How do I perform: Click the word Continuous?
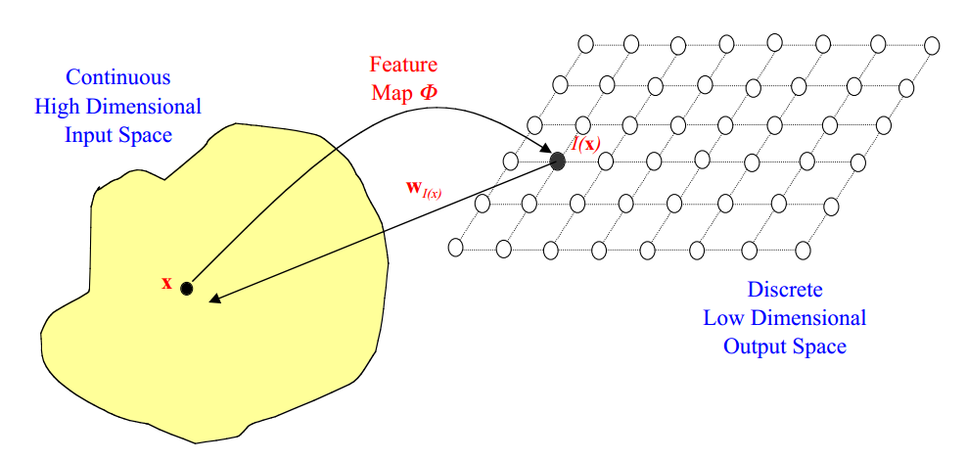[x=117, y=77]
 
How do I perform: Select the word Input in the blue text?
[x=89, y=134]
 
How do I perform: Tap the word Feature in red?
[x=403, y=66]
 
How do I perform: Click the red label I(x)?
[x=585, y=146]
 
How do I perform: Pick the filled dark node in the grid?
[x=558, y=161]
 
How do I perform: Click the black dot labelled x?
[x=187, y=289]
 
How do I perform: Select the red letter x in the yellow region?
[x=166, y=284]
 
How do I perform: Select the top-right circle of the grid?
[x=932, y=45]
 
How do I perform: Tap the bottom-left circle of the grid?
[x=455, y=248]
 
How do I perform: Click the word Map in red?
[x=390, y=94]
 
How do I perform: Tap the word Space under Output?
[x=819, y=346]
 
